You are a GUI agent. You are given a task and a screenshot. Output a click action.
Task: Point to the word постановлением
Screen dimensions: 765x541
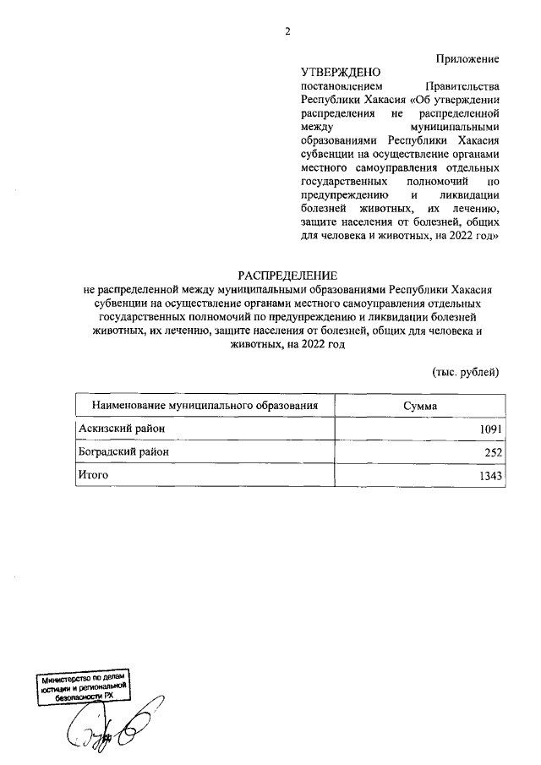point(342,86)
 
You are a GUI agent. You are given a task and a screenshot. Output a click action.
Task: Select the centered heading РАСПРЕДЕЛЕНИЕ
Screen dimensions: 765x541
point(287,276)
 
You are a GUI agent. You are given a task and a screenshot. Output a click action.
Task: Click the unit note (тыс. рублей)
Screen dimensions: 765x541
point(466,372)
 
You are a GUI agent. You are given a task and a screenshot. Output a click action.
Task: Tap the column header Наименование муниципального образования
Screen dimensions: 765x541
point(205,405)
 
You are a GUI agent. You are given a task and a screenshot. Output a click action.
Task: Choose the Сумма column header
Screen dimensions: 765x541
point(420,405)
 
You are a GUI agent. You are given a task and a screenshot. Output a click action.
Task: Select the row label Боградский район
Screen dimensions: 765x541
point(123,452)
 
